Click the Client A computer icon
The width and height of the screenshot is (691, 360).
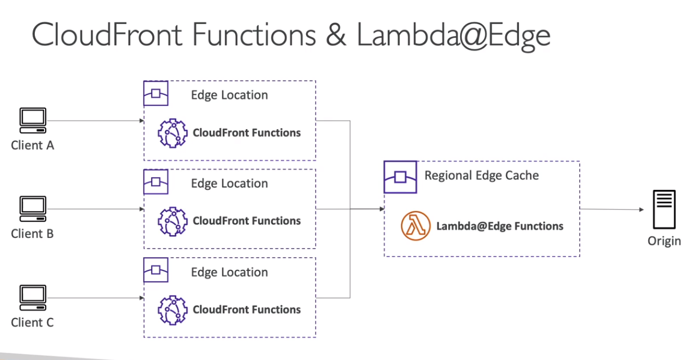(x=32, y=120)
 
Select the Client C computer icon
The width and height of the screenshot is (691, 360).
(x=32, y=297)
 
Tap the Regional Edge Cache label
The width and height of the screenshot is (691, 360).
(x=481, y=175)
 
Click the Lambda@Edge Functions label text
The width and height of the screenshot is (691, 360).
(x=500, y=226)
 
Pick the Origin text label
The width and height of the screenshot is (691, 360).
(x=664, y=241)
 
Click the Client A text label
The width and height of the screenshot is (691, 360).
(x=32, y=145)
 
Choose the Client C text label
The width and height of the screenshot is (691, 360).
(x=32, y=323)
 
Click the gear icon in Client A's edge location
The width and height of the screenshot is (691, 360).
(x=172, y=133)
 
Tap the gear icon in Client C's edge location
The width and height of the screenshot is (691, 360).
(x=172, y=310)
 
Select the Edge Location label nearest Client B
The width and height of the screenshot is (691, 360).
(x=229, y=183)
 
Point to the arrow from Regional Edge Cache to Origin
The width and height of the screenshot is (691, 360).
(x=613, y=209)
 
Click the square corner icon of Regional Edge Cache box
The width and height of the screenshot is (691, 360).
(x=400, y=177)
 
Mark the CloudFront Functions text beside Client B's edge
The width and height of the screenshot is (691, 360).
(x=247, y=221)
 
